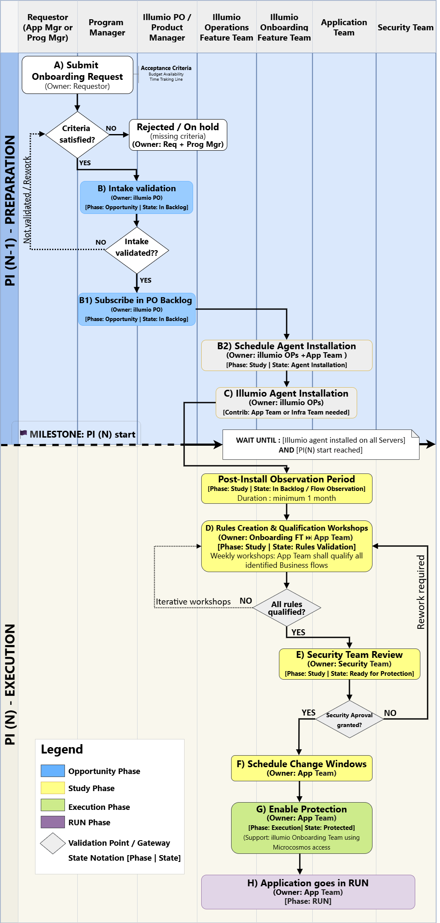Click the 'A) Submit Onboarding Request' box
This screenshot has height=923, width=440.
click(x=77, y=75)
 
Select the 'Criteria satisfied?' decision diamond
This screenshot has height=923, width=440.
click(x=77, y=134)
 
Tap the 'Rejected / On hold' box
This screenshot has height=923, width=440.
click(x=178, y=135)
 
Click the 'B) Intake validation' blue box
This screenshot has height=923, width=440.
click(x=136, y=197)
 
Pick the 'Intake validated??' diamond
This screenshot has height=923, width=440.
click(x=137, y=250)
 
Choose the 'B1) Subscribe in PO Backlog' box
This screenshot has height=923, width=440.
click(x=137, y=309)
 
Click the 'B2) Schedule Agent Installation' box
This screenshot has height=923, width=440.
click(x=287, y=355)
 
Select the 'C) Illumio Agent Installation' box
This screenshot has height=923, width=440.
click(x=286, y=402)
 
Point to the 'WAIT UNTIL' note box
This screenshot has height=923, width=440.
click(x=320, y=445)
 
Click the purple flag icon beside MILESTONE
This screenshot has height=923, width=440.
click(x=23, y=434)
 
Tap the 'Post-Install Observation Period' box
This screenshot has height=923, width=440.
click(x=287, y=488)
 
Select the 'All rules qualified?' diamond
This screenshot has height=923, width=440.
click(x=287, y=608)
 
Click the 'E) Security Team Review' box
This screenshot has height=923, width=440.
click(x=349, y=664)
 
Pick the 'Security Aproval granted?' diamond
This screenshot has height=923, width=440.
click(x=349, y=719)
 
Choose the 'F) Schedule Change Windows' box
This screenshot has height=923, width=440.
click(x=302, y=768)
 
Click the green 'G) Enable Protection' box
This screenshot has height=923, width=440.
click(x=302, y=828)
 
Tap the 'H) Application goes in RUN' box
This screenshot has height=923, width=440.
click(x=308, y=892)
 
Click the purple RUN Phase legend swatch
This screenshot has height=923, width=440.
click(x=53, y=822)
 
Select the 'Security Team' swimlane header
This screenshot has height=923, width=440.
click(x=405, y=27)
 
